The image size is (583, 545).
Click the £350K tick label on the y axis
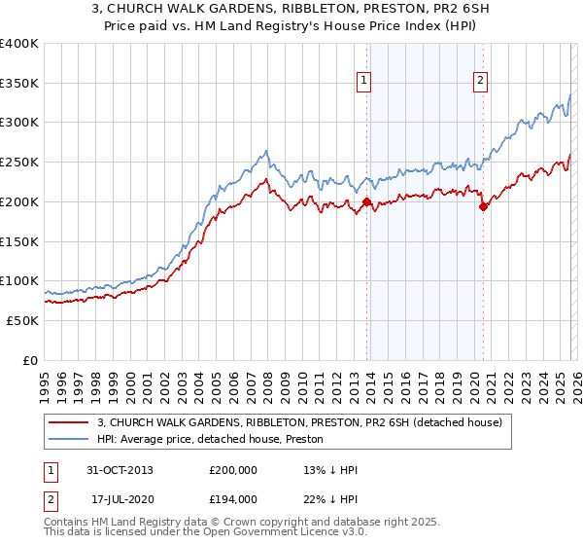tap(18, 83)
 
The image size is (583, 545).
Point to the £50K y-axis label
tap(21, 320)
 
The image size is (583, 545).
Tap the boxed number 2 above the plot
tap(481, 81)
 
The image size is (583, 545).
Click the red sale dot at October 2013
tap(366, 201)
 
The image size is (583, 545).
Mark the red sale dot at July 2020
tap(482, 206)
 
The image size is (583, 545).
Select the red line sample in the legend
tap(70, 422)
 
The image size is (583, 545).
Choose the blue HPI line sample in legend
tap(70, 439)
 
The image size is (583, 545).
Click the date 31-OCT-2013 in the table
tap(120, 470)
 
